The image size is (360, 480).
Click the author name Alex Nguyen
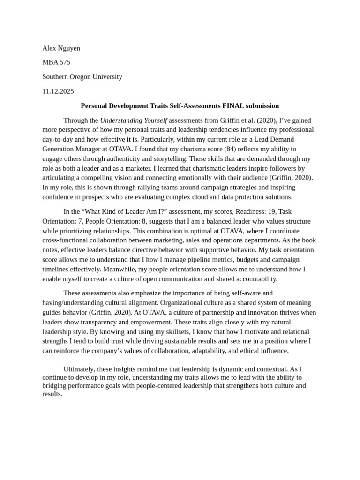(61, 48)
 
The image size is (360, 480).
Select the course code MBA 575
(56, 62)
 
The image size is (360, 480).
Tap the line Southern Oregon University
(82, 77)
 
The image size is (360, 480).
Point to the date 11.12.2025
(58, 91)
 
